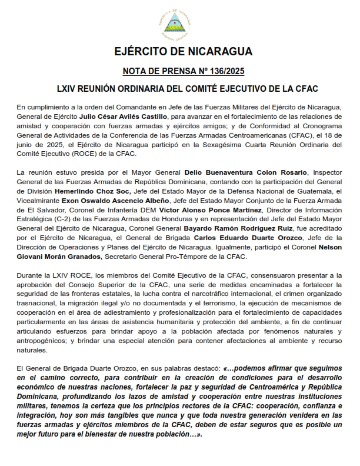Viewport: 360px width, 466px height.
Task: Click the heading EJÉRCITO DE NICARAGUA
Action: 179,52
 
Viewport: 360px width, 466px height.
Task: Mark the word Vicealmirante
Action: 38,201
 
